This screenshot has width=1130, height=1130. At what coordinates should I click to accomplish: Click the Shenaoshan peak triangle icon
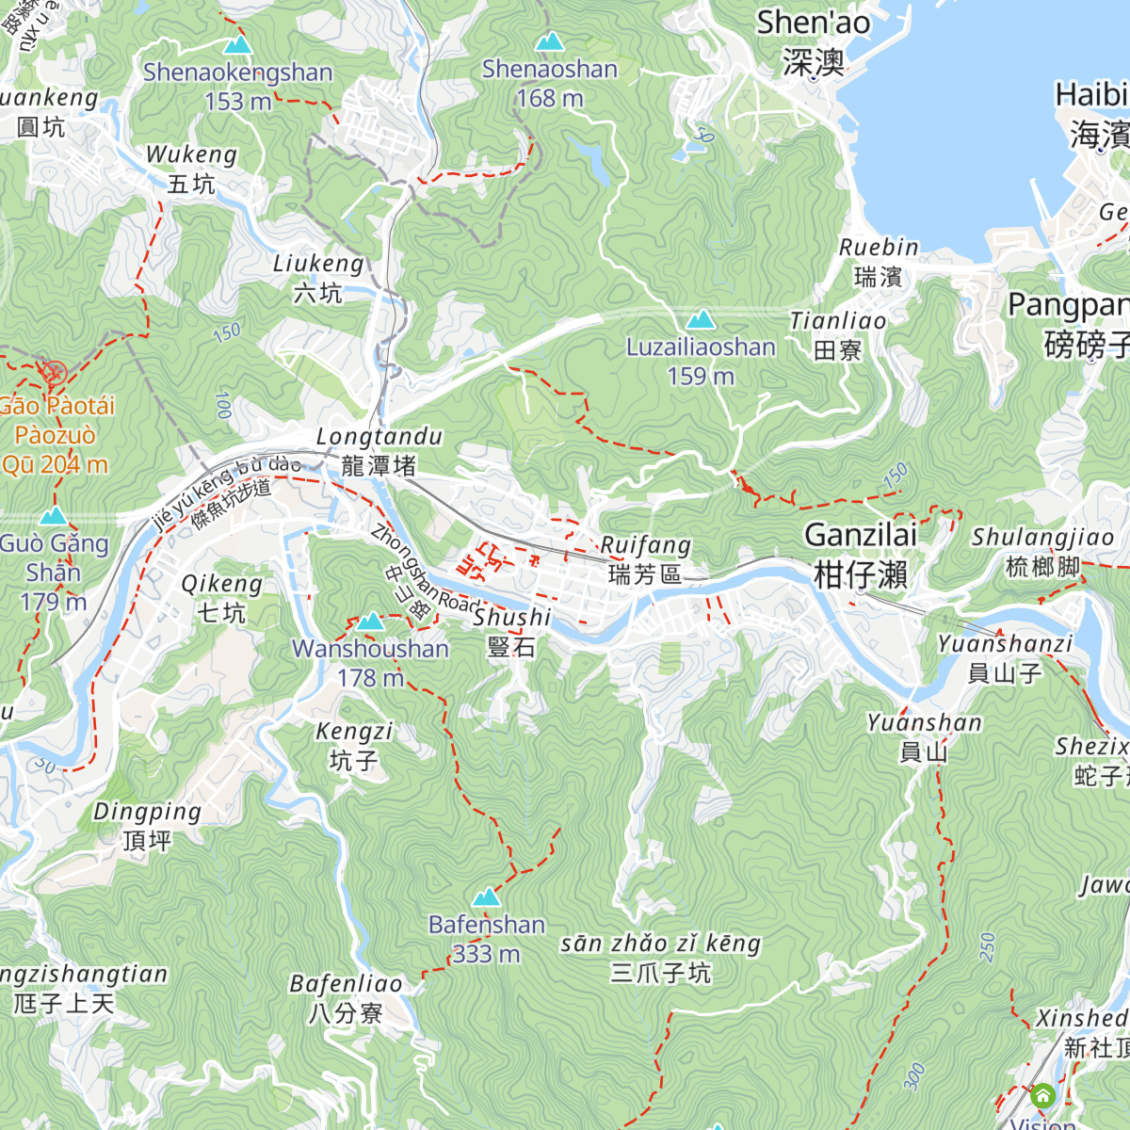click(548, 42)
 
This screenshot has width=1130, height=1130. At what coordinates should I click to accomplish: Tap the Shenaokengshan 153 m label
click(237, 86)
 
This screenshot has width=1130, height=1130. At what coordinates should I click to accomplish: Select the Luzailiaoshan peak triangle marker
click(700, 320)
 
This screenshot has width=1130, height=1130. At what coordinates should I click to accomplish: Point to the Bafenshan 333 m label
click(486, 939)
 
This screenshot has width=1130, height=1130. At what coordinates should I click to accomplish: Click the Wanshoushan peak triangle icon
click(370, 621)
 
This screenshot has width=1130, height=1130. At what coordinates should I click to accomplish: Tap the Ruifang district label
click(646, 559)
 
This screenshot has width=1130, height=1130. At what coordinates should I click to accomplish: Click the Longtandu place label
click(379, 450)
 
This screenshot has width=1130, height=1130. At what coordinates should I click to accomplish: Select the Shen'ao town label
click(814, 41)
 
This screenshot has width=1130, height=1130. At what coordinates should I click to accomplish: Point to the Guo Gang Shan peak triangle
click(54, 516)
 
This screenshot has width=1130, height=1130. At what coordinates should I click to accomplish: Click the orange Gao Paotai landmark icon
click(53, 373)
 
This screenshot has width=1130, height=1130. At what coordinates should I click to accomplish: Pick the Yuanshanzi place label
click(1005, 657)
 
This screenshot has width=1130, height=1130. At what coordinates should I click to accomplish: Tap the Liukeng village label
click(318, 278)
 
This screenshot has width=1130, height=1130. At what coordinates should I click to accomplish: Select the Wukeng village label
click(191, 169)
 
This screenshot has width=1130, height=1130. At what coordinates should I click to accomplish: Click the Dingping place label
click(147, 825)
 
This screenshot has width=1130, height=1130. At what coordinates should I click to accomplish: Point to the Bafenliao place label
click(346, 997)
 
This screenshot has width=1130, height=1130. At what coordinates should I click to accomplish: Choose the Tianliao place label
click(838, 335)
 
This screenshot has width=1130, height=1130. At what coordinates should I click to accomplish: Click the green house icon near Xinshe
click(1042, 1096)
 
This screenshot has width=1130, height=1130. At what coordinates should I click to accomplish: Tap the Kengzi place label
click(354, 745)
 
